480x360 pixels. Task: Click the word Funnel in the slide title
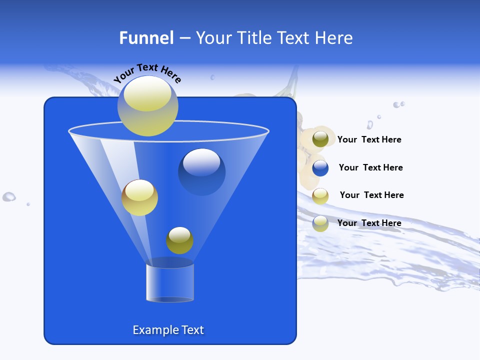pyautogui.click(x=146, y=38)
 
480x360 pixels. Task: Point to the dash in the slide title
pyautogui.click(x=184, y=38)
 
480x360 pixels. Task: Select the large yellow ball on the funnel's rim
pyautogui.click(x=147, y=105)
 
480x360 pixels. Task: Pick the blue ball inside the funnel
pyautogui.click(x=202, y=171)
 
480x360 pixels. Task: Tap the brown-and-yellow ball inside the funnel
pyautogui.click(x=139, y=197)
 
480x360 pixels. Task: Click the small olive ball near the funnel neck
pyautogui.click(x=179, y=240)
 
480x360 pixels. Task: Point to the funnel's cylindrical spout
pyautogui.click(x=170, y=282)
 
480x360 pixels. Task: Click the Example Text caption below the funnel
pyautogui.click(x=168, y=330)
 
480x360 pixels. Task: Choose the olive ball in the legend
pyautogui.click(x=320, y=139)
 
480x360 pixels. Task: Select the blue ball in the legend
pyautogui.click(x=320, y=168)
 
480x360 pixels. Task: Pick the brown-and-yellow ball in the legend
pyautogui.click(x=320, y=196)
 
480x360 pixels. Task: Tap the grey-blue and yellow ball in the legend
pyautogui.click(x=320, y=223)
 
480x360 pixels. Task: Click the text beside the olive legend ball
pyautogui.click(x=369, y=139)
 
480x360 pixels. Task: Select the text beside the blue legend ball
pyautogui.click(x=370, y=167)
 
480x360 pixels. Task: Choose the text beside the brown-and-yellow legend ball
pyautogui.click(x=371, y=195)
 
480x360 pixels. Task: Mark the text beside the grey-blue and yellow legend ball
pyautogui.click(x=369, y=223)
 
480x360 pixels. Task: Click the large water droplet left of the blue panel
pyautogui.click(x=9, y=196)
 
